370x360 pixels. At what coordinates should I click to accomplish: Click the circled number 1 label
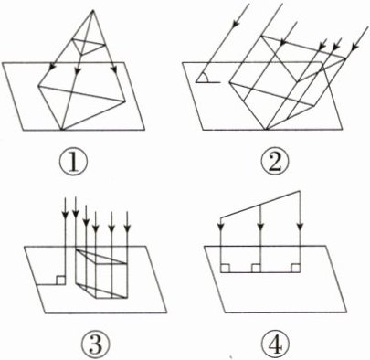pyautogui.click(x=73, y=160)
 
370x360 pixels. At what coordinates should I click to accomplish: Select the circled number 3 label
pyautogui.click(x=95, y=344)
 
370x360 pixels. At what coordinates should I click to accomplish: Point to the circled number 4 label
pyautogui.click(x=276, y=344)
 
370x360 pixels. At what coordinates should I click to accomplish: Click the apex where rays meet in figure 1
pyautogui.click(x=93, y=11)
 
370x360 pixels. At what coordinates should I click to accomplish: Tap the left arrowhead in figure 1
pyautogui.click(x=53, y=67)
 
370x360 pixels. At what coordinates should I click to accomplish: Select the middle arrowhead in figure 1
pyautogui.click(x=78, y=70)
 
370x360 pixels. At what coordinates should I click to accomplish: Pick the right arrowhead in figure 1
pyautogui.click(x=114, y=69)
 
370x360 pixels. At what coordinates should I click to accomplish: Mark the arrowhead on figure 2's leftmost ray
pyautogui.click(x=236, y=23)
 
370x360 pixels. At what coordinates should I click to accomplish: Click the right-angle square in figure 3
pyautogui.click(x=60, y=281)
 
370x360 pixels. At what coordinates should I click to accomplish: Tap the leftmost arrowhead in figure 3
pyautogui.click(x=65, y=215)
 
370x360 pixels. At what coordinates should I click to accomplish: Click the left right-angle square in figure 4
pyautogui.click(x=225, y=268)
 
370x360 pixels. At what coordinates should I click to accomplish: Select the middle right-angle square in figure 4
pyautogui.click(x=256, y=268)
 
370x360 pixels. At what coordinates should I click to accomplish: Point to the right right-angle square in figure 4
pyautogui.click(x=295, y=268)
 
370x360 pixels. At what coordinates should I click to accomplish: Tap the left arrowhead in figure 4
pyautogui.click(x=220, y=227)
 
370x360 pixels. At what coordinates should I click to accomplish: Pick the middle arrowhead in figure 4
pyautogui.click(x=260, y=227)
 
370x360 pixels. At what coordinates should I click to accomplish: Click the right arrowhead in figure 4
pyautogui.click(x=301, y=227)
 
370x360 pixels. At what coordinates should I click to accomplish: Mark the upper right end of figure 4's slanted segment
pyautogui.click(x=301, y=191)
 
